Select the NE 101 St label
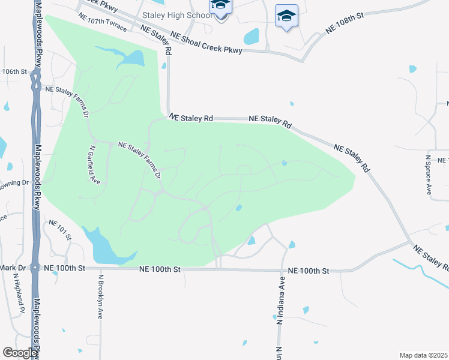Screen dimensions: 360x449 pos(60,230)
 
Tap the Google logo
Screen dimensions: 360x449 pos(19,353)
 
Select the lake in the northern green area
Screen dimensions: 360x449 pos(129,58)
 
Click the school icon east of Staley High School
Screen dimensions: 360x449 pos(286,16)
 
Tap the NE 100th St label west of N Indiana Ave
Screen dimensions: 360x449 pos(160,270)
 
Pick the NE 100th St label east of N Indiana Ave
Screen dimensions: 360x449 pos(309,271)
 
